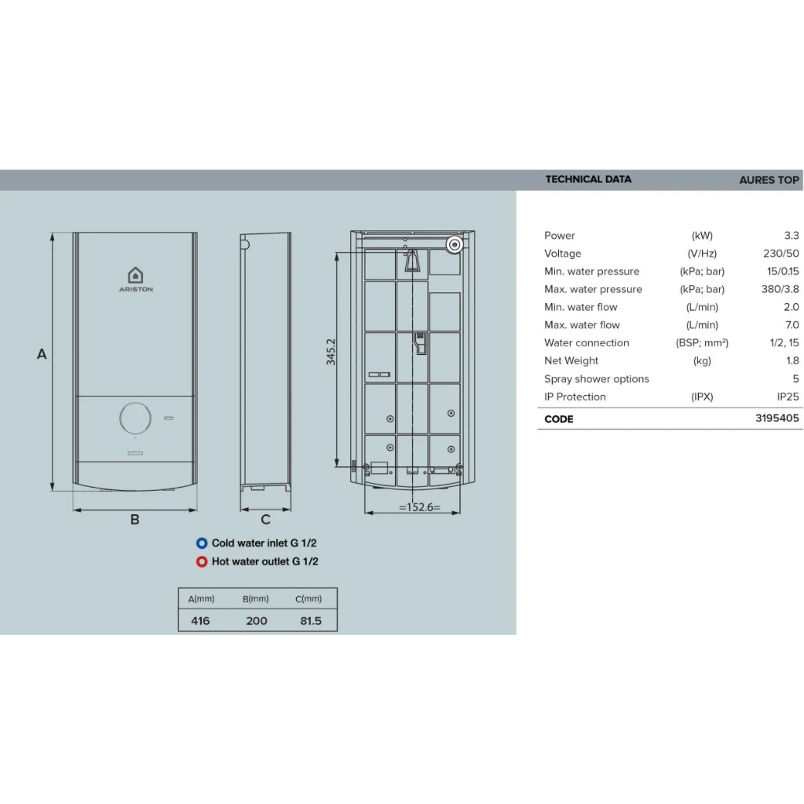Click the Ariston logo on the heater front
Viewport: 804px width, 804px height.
tap(136, 280)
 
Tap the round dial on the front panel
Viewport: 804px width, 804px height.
tap(135, 418)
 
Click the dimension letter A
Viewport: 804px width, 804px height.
tap(42, 354)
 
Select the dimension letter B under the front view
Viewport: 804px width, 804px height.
tap(135, 520)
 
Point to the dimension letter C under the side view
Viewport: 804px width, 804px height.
tap(265, 520)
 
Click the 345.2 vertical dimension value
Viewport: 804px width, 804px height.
tap(331, 352)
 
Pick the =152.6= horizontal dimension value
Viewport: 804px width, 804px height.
tap(419, 507)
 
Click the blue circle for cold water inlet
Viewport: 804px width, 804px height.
tap(202, 543)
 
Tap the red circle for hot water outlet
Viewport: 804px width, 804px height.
tap(202, 561)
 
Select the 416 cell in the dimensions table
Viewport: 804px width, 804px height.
tap(200, 621)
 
